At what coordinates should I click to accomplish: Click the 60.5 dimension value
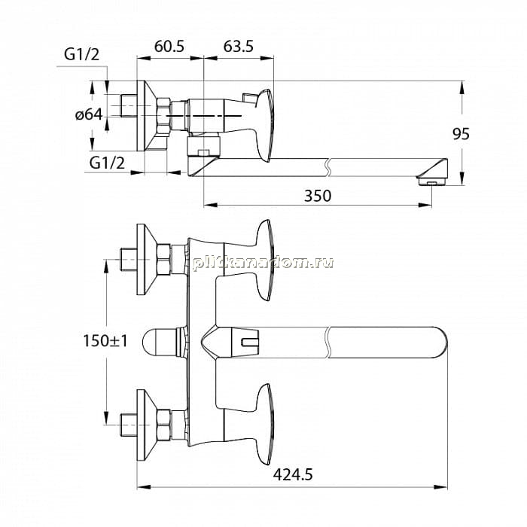click(x=169, y=47)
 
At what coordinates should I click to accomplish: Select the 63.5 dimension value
click(x=239, y=47)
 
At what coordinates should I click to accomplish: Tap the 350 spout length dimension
click(x=318, y=196)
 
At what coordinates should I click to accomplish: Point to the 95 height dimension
click(x=461, y=134)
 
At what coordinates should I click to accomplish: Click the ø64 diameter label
click(x=89, y=114)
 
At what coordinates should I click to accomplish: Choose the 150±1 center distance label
click(x=105, y=341)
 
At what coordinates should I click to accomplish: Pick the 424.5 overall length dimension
click(x=293, y=475)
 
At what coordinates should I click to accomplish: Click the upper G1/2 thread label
click(x=81, y=54)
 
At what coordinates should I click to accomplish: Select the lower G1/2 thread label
click(x=107, y=163)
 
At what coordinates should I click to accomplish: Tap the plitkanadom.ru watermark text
click(x=263, y=263)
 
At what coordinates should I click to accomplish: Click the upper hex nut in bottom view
click(x=163, y=260)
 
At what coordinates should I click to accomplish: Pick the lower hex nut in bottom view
click(x=163, y=425)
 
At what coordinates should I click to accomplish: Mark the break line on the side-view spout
click(x=329, y=167)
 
